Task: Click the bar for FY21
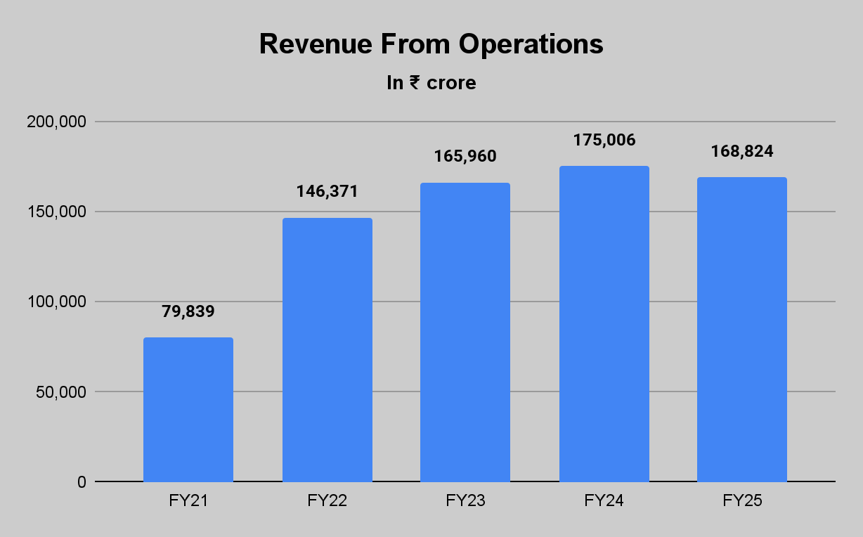(x=188, y=409)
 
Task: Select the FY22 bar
(x=327, y=349)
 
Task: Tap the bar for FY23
(x=465, y=332)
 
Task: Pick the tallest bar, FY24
(x=604, y=323)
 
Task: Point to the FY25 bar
(x=742, y=329)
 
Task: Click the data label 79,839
(x=188, y=311)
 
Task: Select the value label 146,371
(x=327, y=191)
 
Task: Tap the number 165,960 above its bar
(x=465, y=156)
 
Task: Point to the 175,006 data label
(x=604, y=140)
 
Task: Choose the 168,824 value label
(x=742, y=152)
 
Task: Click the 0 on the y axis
(x=82, y=482)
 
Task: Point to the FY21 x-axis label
(x=188, y=501)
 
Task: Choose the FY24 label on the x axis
(x=604, y=501)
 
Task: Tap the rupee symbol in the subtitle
(x=415, y=83)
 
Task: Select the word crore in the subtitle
(x=451, y=83)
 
